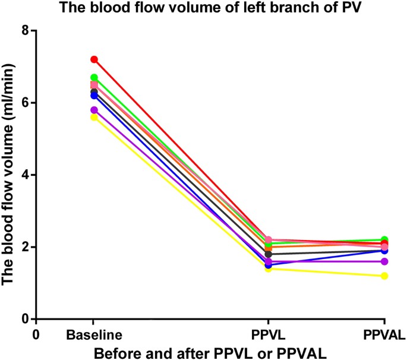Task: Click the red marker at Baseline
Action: [x=94, y=59]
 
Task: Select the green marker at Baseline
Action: [x=94, y=77]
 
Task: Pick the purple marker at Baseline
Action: [x=94, y=110]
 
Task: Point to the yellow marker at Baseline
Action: [x=94, y=117]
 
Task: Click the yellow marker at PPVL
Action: [x=269, y=269]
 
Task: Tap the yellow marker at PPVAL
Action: [x=385, y=276]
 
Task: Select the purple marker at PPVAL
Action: [x=385, y=261]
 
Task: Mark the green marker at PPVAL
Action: [x=385, y=239]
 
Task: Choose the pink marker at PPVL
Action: [x=269, y=239]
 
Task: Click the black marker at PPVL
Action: [x=269, y=254]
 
